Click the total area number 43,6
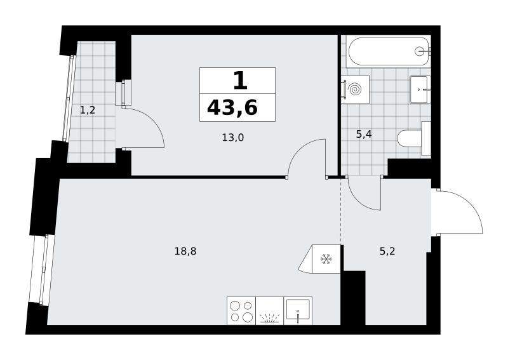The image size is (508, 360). pos(232,107)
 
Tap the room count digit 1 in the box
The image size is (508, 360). pos(241,81)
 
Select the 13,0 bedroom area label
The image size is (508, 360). pos(232,138)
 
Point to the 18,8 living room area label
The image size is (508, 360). pos(185,251)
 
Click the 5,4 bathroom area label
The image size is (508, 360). pos(364,134)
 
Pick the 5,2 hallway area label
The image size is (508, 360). pos(387,251)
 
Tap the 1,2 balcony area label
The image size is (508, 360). pos(88,110)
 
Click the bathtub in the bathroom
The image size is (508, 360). pos(389,51)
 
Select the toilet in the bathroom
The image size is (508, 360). pos(414,138)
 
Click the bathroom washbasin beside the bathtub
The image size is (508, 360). pos(420,90)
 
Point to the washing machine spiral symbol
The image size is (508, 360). pos(356,89)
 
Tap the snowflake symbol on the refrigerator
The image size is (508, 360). pos(326,259)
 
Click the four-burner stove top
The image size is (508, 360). pos(241,310)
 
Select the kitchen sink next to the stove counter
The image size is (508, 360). pos(298,310)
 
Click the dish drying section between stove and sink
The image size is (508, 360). pos(269,310)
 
